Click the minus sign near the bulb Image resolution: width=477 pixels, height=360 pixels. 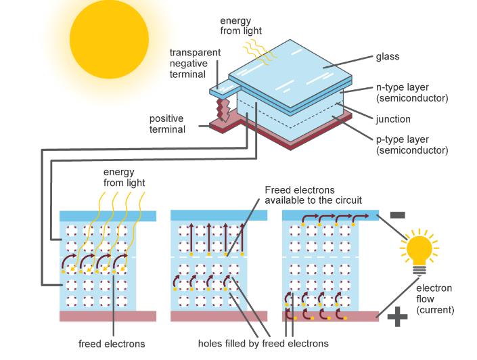pos(397,215)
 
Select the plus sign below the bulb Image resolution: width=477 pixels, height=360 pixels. pos(397,317)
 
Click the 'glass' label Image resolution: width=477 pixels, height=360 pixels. pos(388,57)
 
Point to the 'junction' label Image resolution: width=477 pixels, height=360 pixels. pos(393,119)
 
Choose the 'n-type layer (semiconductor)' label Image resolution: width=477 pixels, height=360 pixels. pos(411,93)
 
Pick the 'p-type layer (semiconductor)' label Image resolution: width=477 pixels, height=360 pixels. pos(411,145)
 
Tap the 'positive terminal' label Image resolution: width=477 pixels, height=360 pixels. pos(166,124)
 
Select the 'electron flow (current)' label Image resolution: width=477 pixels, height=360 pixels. pos(434,299)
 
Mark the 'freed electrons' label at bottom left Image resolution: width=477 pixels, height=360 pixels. pos(112,344)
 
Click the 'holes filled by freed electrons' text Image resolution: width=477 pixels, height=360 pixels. pos(263,344)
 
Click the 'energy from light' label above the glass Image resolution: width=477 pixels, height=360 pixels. pos(240,25)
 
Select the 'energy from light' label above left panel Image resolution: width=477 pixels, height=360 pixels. pos(124,177)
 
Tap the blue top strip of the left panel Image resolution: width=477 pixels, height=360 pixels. pos(108,216)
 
